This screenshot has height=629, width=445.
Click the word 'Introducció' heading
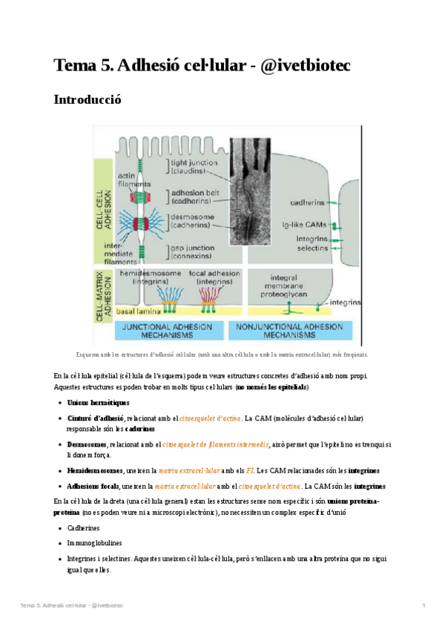(87, 99)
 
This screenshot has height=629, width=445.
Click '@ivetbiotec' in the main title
(304, 65)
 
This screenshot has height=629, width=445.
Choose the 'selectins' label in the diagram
(311, 249)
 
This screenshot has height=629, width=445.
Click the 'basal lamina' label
(129, 308)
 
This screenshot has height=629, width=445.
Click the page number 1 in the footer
(423, 607)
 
